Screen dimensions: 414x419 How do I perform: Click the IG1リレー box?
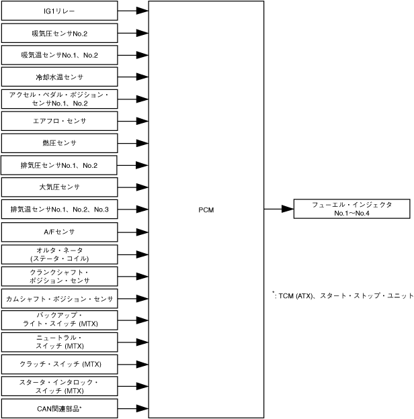[59, 11]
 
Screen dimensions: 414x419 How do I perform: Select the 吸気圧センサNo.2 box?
[59, 33]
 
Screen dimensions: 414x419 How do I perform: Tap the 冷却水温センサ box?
[59, 77]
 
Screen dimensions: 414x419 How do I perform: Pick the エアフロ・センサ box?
[59, 121]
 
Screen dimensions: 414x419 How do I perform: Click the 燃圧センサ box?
[59, 143]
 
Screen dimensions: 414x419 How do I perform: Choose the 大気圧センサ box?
[59, 187]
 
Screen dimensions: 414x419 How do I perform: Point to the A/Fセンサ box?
[59, 232]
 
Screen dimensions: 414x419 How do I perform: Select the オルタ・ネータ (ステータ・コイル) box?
[59, 254]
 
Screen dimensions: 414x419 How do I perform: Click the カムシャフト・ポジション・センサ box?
[59, 298]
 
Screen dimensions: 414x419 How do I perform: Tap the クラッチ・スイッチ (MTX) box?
[59, 364]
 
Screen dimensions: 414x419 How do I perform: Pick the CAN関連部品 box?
[59, 408]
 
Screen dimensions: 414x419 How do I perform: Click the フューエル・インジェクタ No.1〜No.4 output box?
[351, 209]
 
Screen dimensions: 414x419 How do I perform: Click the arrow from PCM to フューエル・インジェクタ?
[278, 209]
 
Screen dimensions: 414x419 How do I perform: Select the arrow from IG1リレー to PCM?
[133, 11]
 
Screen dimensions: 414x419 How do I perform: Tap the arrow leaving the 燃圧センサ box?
[133, 143]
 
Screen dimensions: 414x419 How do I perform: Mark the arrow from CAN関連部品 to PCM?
[133, 408]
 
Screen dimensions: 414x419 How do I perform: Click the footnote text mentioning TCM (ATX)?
[341, 295]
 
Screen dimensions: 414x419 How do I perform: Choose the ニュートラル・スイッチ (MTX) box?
[59, 342]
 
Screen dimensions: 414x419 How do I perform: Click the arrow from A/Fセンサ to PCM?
[133, 232]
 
